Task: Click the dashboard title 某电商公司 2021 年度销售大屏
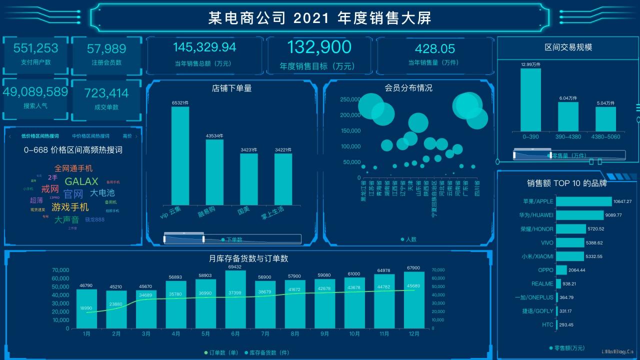(x=320, y=18)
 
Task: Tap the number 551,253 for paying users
(x=35, y=48)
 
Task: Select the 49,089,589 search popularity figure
(x=35, y=92)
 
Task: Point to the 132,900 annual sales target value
(x=319, y=47)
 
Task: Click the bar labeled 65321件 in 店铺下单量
(x=180, y=155)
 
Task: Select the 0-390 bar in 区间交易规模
(x=530, y=99)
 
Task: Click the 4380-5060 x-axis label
(x=605, y=136)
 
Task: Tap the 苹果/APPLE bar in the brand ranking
(x=583, y=201)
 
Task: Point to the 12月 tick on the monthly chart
(x=413, y=333)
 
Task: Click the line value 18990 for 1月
(x=87, y=308)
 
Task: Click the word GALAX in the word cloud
(x=81, y=181)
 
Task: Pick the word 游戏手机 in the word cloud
(x=70, y=207)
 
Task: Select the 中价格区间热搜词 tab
(x=90, y=136)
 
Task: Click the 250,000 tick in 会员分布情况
(x=350, y=99)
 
